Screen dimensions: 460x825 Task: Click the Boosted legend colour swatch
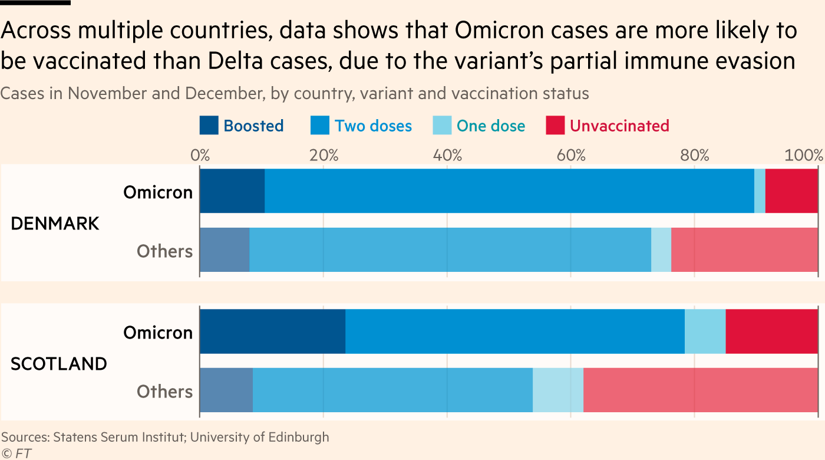pyautogui.click(x=209, y=126)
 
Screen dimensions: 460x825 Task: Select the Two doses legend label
pyautogui.click(x=373, y=126)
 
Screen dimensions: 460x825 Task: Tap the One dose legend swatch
pyautogui.click(x=442, y=126)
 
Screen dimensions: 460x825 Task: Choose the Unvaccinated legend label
pyautogui.click(x=619, y=126)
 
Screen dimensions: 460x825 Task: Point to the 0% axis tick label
pyautogui.click(x=200, y=156)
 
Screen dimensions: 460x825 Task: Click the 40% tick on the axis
pyautogui.click(x=447, y=156)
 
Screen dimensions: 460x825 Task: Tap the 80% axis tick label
pyautogui.click(x=694, y=156)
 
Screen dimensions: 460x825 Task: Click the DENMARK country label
pyautogui.click(x=55, y=224)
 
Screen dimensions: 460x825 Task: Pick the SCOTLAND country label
pyautogui.click(x=59, y=364)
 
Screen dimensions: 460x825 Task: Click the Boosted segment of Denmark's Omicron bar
pyautogui.click(x=232, y=191)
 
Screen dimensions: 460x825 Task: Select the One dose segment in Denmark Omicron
pyautogui.click(x=760, y=191)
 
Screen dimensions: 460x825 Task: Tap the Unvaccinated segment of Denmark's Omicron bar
pyautogui.click(x=791, y=191)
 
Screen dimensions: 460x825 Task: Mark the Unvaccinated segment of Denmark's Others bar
pyautogui.click(x=744, y=250)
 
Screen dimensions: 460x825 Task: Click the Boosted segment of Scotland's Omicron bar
pyautogui.click(x=272, y=331)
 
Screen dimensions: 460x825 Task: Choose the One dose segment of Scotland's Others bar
pyautogui.click(x=558, y=390)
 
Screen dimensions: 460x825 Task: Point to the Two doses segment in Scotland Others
pyautogui.click(x=392, y=390)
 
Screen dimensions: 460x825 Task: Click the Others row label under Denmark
pyautogui.click(x=164, y=251)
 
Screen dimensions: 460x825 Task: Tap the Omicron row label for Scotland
pyautogui.click(x=157, y=333)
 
